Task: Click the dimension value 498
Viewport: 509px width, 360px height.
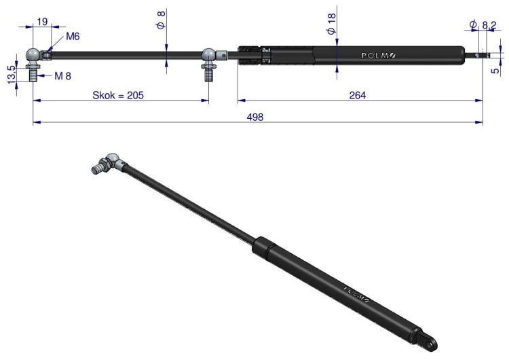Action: tap(254, 117)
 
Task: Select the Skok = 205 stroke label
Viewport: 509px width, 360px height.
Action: tap(118, 95)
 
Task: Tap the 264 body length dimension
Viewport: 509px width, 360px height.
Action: tap(358, 95)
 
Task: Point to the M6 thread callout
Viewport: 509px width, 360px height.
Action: tap(73, 36)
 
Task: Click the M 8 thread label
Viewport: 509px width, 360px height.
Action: tap(62, 76)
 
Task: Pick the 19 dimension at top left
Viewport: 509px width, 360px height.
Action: tap(42, 22)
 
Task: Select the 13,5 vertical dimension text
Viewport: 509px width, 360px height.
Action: tap(12, 74)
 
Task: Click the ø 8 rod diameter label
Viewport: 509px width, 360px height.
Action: tap(162, 20)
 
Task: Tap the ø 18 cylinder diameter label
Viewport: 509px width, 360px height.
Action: tap(331, 24)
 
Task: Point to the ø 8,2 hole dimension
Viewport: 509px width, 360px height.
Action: tap(483, 24)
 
